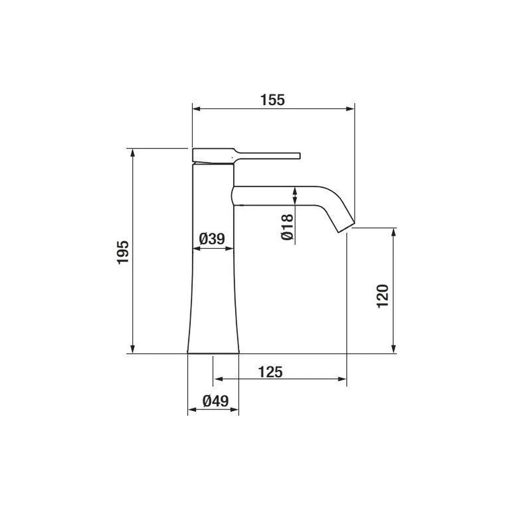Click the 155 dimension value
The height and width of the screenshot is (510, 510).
(272, 100)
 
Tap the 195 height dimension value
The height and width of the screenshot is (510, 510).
(123, 252)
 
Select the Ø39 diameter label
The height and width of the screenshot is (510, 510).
(212, 239)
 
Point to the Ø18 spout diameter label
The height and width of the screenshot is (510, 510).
(287, 227)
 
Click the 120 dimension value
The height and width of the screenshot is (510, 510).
(383, 296)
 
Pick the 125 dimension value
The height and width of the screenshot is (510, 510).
(270, 372)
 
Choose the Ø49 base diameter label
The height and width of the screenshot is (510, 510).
(216, 401)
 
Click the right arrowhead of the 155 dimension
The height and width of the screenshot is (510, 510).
(350, 109)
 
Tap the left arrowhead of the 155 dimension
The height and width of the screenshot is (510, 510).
(197, 109)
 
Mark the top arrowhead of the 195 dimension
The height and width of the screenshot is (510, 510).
(133, 153)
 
